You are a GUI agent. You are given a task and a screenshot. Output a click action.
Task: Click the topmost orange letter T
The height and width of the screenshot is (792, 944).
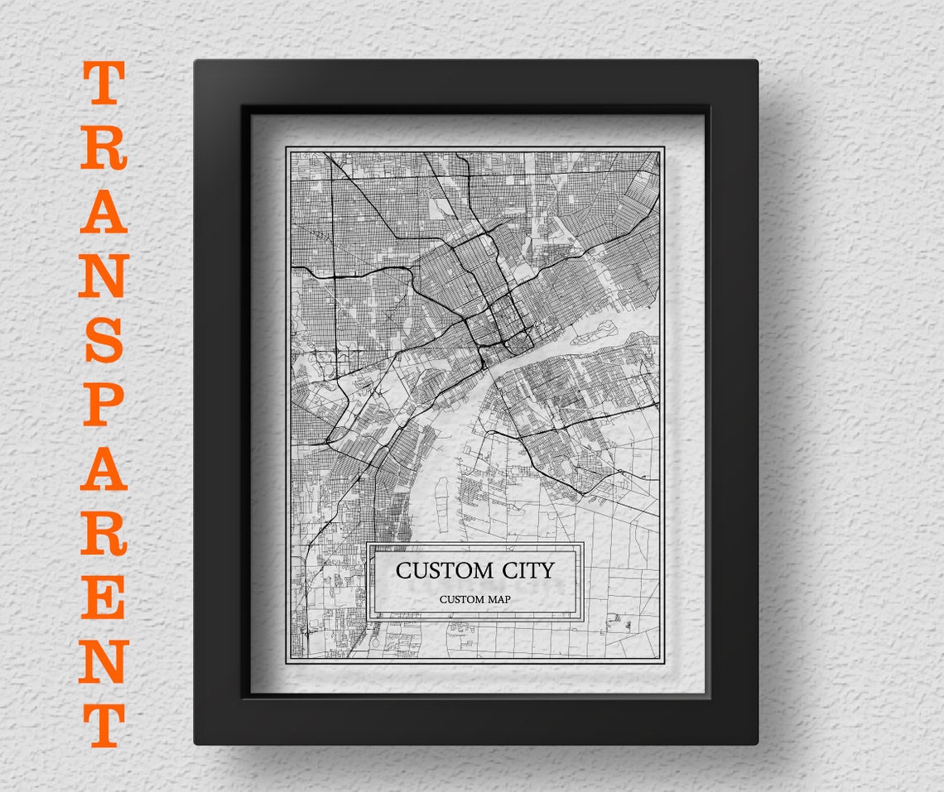tap(104, 83)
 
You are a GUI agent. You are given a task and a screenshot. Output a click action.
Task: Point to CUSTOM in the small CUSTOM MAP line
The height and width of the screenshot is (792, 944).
tap(461, 599)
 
